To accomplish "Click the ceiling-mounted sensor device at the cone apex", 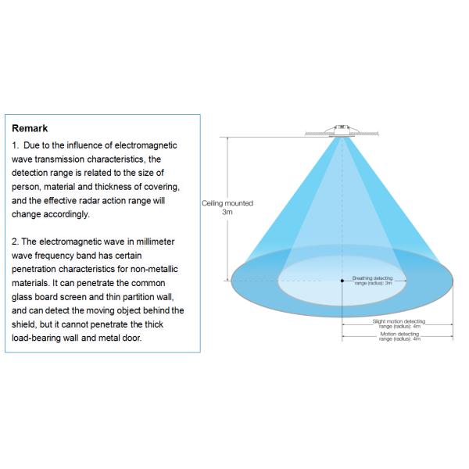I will point(342,129).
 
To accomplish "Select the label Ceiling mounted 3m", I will point(227,207).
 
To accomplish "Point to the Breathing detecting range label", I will point(372,280).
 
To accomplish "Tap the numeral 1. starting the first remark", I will point(16,145).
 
